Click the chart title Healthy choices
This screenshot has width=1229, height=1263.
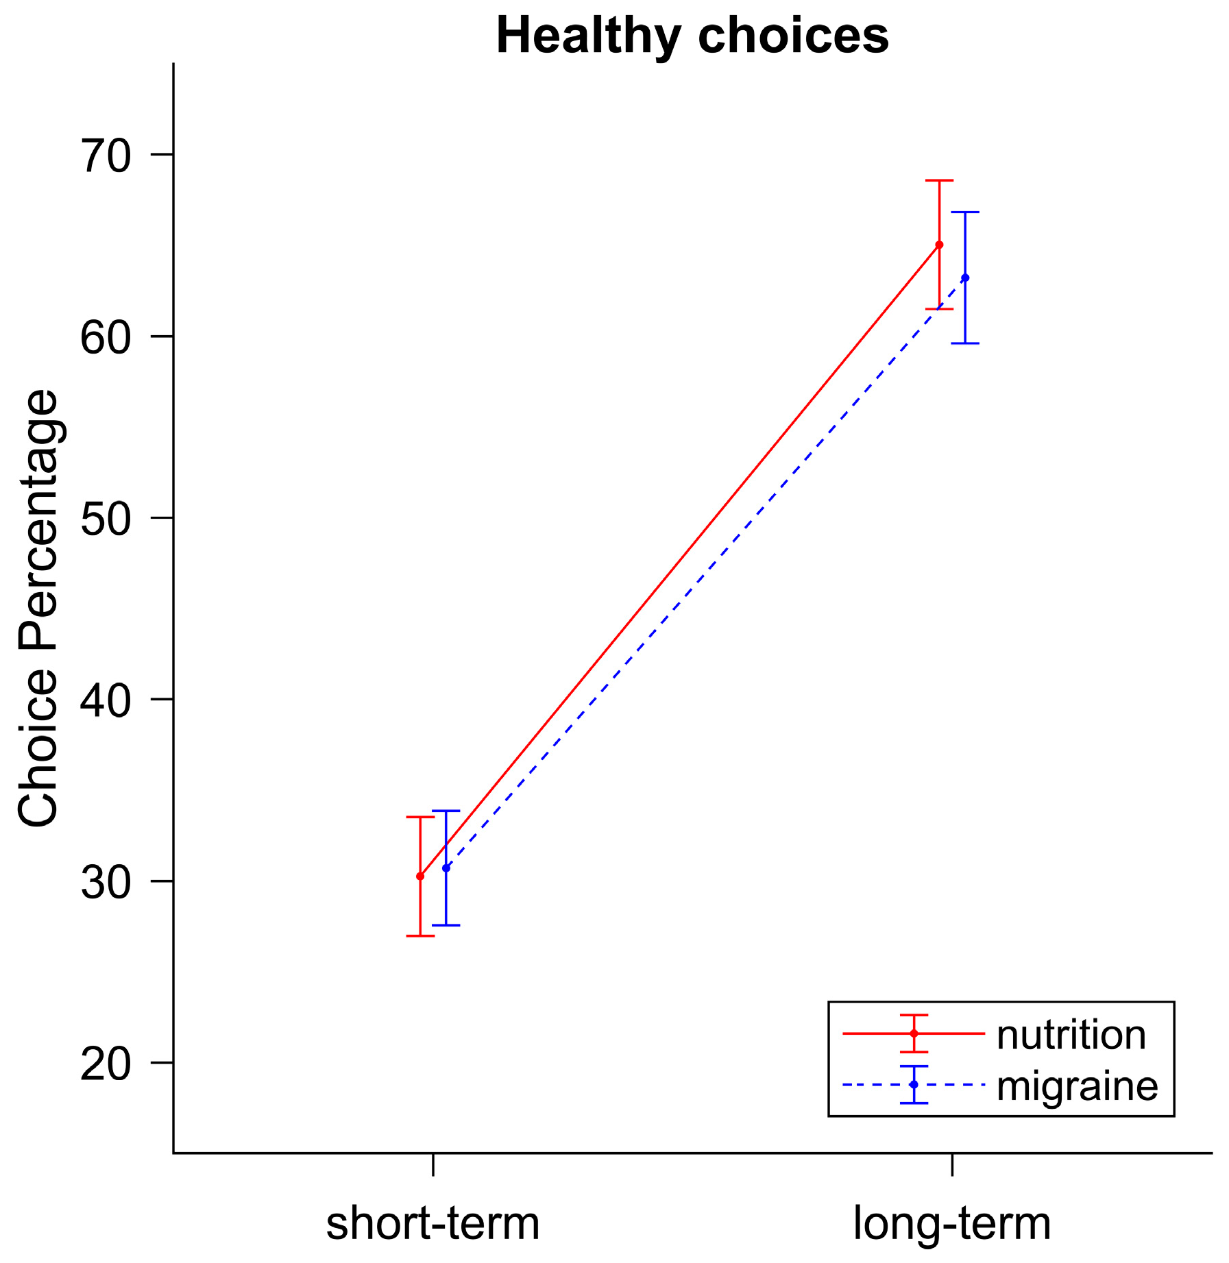point(692,36)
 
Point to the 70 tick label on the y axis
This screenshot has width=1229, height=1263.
point(106,156)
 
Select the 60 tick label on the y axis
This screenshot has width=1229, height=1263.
point(106,338)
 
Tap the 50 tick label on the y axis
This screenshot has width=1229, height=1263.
point(106,519)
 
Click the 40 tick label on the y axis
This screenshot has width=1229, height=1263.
point(106,701)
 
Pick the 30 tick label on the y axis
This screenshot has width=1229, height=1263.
point(106,883)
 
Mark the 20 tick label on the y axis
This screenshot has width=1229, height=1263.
point(106,1064)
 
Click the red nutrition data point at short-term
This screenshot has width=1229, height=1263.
point(420,876)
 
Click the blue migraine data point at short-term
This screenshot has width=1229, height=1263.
point(446,868)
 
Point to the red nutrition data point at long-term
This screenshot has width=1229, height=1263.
point(939,245)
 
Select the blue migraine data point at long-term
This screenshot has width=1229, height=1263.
point(965,278)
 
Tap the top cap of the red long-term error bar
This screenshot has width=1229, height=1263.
point(939,180)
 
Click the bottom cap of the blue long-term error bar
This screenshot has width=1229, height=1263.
point(965,343)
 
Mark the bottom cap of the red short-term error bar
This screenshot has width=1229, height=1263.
point(420,935)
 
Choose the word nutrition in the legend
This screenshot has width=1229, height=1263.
point(1071,1035)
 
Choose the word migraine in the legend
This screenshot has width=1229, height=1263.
point(1077,1086)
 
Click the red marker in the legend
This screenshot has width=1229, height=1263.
point(914,1033)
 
